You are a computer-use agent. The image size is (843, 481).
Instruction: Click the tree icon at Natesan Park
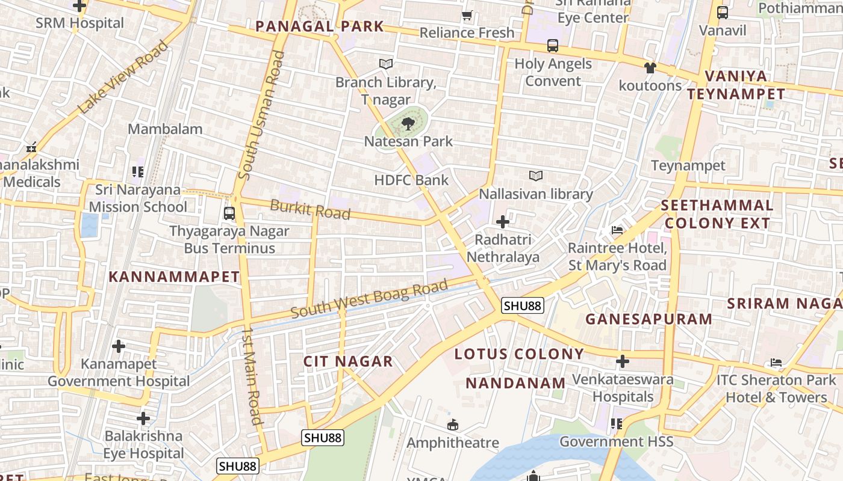408,124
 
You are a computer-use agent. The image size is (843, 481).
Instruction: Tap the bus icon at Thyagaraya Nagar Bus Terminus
229,213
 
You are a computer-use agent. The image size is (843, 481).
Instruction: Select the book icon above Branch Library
386,64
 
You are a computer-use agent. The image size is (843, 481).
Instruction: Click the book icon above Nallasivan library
535,176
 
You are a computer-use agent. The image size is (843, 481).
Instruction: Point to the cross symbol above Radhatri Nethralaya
503,222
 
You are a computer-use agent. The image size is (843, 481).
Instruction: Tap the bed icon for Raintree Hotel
617,230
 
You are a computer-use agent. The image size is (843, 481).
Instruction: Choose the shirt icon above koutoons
650,68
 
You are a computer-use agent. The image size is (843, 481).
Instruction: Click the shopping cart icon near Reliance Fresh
467,15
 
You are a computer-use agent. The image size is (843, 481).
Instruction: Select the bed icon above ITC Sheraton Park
776,363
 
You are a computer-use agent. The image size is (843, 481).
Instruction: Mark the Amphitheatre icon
453,426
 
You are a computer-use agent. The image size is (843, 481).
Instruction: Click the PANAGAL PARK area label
319,26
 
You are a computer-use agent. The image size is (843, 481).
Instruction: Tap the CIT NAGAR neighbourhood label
347,361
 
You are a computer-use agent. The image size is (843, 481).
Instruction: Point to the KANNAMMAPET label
174,277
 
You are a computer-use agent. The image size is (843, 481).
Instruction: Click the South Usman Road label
261,115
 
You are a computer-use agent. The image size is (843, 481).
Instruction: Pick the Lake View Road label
123,77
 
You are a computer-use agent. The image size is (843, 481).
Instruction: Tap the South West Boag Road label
370,299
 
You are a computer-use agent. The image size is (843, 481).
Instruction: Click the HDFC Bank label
411,180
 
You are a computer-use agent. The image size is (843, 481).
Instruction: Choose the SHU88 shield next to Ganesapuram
522,306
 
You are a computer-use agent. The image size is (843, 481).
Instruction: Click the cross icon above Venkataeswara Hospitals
623,362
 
